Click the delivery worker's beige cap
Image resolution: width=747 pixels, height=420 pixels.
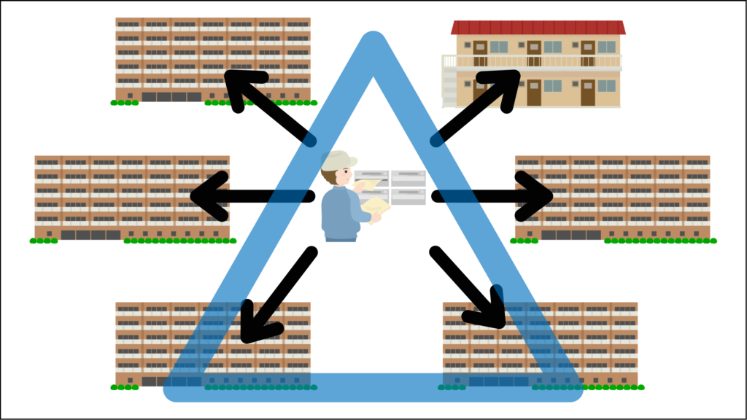pyautogui.click(x=338, y=161)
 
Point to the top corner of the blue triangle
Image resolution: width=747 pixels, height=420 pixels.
pyautogui.click(x=373, y=44)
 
